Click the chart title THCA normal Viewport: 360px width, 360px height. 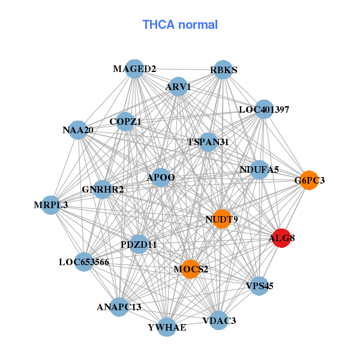[x=180, y=25]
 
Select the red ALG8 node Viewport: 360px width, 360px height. [x=281, y=238]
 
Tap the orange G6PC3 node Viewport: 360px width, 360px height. [x=308, y=180]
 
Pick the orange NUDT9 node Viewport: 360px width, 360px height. [x=221, y=219]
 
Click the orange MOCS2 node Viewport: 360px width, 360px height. [x=191, y=269]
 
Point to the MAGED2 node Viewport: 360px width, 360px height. [x=135, y=69]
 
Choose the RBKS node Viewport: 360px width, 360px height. [x=223, y=70]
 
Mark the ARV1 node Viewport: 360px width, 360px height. [x=178, y=87]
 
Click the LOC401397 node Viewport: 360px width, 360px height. [x=264, y=110]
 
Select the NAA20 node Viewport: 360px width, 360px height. [x=78, y=130]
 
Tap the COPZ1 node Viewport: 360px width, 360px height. [x=125, y=122]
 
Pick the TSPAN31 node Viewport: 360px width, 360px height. [x=208, y=142]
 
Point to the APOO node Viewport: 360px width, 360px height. [x=161, y=177]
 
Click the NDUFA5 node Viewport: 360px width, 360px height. [x=259, y=170]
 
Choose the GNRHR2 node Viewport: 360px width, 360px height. [x=103, y=190]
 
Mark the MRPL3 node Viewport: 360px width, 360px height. [x=51, y=205]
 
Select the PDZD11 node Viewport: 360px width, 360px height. [x=139, y=244]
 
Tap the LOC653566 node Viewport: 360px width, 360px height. [x=84, y=262]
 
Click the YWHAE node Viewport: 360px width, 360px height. [x=167, y=326]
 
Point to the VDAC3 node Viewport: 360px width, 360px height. [x=219, y=320]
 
